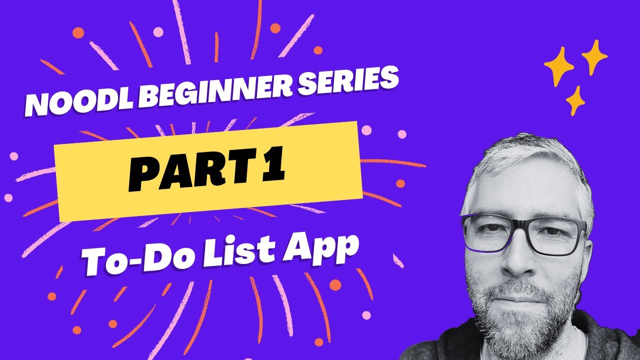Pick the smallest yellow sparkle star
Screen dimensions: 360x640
click(575, 100)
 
